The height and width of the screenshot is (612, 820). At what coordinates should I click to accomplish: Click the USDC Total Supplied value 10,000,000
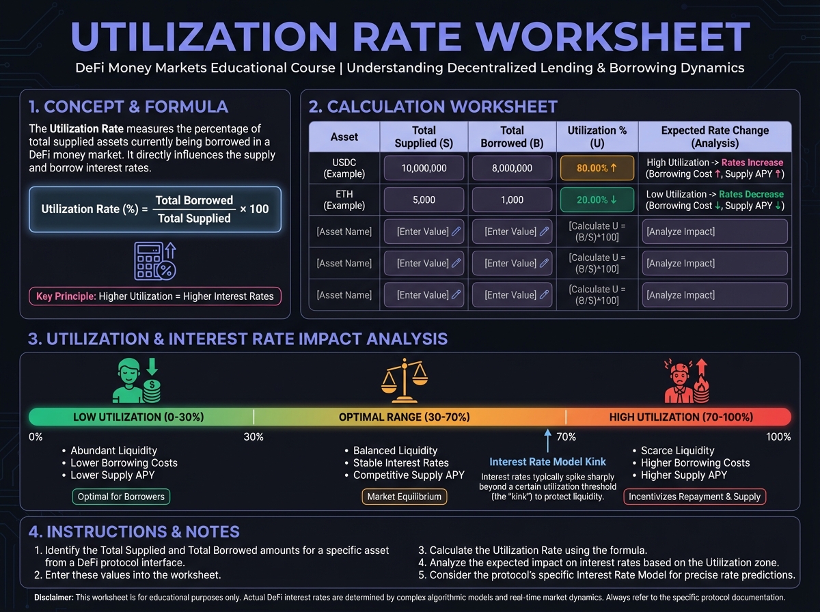click(x=424, y=168)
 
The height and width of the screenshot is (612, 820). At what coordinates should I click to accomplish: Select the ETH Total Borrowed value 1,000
click(x=512, y=200)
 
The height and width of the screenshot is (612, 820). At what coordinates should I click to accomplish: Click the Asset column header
click(x=344, y=137)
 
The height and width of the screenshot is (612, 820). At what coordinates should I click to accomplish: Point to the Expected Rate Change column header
click(x=715, y=137)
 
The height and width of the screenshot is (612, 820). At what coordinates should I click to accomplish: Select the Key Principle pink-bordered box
click(x=154, y=296)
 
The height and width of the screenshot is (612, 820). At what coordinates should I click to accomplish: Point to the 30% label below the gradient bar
click(x=254, y=437)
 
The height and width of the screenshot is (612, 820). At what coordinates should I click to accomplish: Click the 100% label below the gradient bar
click(x=778, y=437)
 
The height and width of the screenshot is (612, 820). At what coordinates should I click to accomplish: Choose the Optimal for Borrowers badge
click(x=121, y=497)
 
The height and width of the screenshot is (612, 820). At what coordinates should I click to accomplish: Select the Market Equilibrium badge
click(x=404, y=497)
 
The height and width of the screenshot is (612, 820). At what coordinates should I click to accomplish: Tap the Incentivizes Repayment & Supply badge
click(x=694, y=497)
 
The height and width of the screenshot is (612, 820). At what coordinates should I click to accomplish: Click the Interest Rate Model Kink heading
click(x=547, y=462)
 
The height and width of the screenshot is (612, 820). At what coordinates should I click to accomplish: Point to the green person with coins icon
click(x=136, y=380)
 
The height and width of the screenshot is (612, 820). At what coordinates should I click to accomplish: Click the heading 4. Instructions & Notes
click(x=134, y=532)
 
